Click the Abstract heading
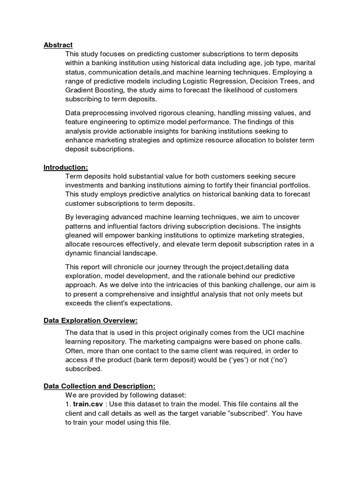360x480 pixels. [x=58, y=45]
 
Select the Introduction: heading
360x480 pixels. [x=66, y=167]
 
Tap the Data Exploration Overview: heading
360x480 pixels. [x=90, y=321]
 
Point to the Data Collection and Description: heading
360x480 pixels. [x=99, y=386]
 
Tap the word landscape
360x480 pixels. [x=133, y=253]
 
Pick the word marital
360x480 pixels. [x=285, y=63]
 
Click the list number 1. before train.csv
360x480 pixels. [x=68, y=404]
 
